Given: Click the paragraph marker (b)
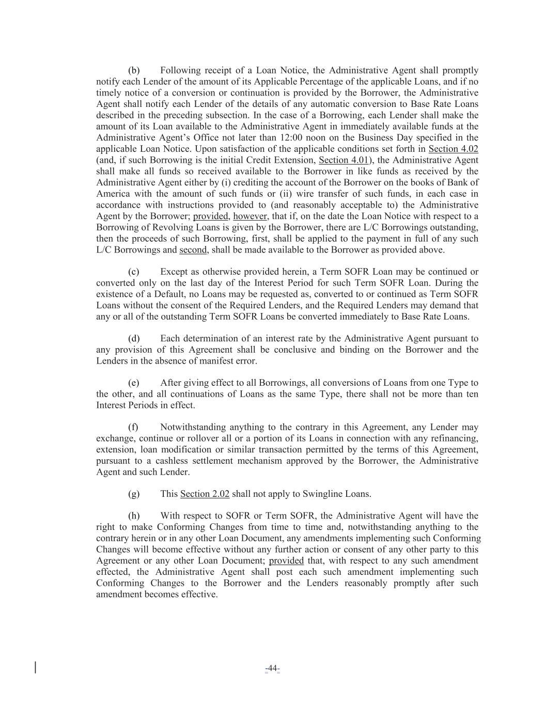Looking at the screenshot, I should [134, 70].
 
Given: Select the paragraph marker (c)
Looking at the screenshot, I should [134, 272].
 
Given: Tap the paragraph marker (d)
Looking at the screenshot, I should [134, 339].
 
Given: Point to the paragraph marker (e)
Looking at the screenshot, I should [134, 383].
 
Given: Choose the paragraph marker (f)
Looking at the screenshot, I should [133, 428].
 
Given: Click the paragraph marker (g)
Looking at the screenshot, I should [134, 494].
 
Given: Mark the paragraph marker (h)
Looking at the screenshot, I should [134, 516].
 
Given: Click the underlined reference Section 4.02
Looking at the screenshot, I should [453, 149].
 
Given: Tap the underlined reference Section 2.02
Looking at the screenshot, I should [205, 494].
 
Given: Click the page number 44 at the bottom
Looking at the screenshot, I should [272, 669].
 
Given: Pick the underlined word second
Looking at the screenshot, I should [193, 250].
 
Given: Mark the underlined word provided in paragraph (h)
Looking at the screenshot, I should [286, 561].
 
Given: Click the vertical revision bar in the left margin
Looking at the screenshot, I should [35, 667].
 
